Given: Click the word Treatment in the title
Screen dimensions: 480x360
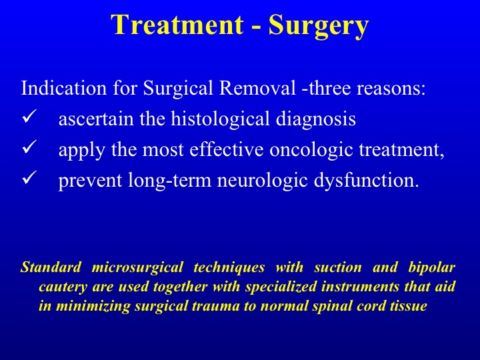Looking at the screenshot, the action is click(x=177, y=25).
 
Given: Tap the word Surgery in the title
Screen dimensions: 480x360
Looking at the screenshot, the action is click(x=319, y=26).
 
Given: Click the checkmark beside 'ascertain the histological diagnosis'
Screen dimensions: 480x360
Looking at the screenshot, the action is click(x=30, y=117).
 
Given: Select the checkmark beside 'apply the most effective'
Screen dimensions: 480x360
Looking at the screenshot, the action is click(x=30, y=147).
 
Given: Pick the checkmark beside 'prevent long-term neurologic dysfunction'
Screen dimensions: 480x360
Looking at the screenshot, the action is click(x=30, y=178).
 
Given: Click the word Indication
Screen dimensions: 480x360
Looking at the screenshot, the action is click(x=64, y=88).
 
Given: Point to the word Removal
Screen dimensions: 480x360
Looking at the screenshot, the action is click(x=258, y=88).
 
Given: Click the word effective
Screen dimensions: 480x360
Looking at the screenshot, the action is click(x=226, y=149).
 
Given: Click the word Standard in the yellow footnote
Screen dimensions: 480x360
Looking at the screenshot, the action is click(x=51, y=267).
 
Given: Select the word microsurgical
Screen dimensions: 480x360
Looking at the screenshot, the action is click(x=137, y=268).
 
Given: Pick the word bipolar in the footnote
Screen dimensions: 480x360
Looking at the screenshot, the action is click(x=432, y=268).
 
